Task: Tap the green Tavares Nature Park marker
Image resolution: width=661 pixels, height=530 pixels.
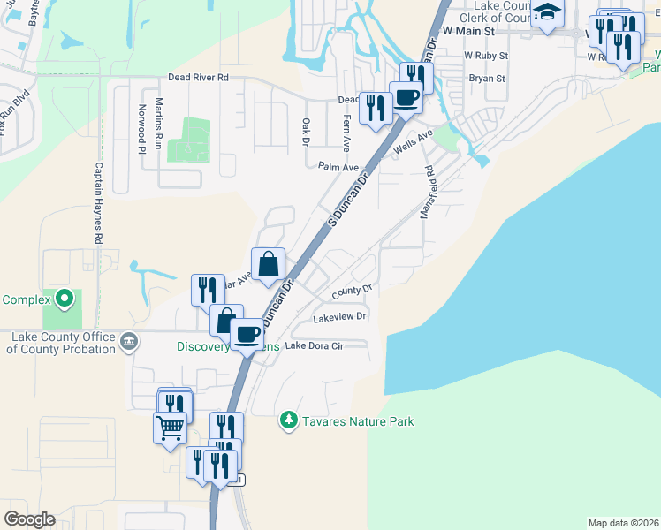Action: [x=287, y=420]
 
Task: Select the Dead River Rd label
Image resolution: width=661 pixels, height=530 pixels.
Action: [x=198, y=78]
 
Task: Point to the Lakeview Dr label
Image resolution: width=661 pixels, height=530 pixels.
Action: [x=339, y=315]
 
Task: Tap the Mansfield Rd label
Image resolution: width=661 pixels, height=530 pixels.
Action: [x=429, y=193]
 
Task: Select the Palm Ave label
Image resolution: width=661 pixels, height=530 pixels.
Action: [x=339, y=167]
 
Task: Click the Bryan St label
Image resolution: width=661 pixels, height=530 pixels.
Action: [x=486, y=79]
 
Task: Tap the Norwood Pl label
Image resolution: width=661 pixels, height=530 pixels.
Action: [x=141, y=129]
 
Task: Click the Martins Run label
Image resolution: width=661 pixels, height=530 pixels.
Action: [x=159, y=122]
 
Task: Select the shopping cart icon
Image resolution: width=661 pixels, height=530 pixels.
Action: [x=170, y=428]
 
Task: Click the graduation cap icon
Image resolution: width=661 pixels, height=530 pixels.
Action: [x=547, y=12]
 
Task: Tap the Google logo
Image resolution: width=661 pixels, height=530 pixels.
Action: [x=29, y=519]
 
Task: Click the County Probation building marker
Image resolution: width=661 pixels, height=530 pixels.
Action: [x=129, y=341]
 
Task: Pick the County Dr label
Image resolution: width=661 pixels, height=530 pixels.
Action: [x=353, y=290]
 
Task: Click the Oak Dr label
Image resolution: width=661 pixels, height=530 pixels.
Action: [x=306, y=132]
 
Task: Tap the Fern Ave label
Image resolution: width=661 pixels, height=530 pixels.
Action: [x=346, y=131]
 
